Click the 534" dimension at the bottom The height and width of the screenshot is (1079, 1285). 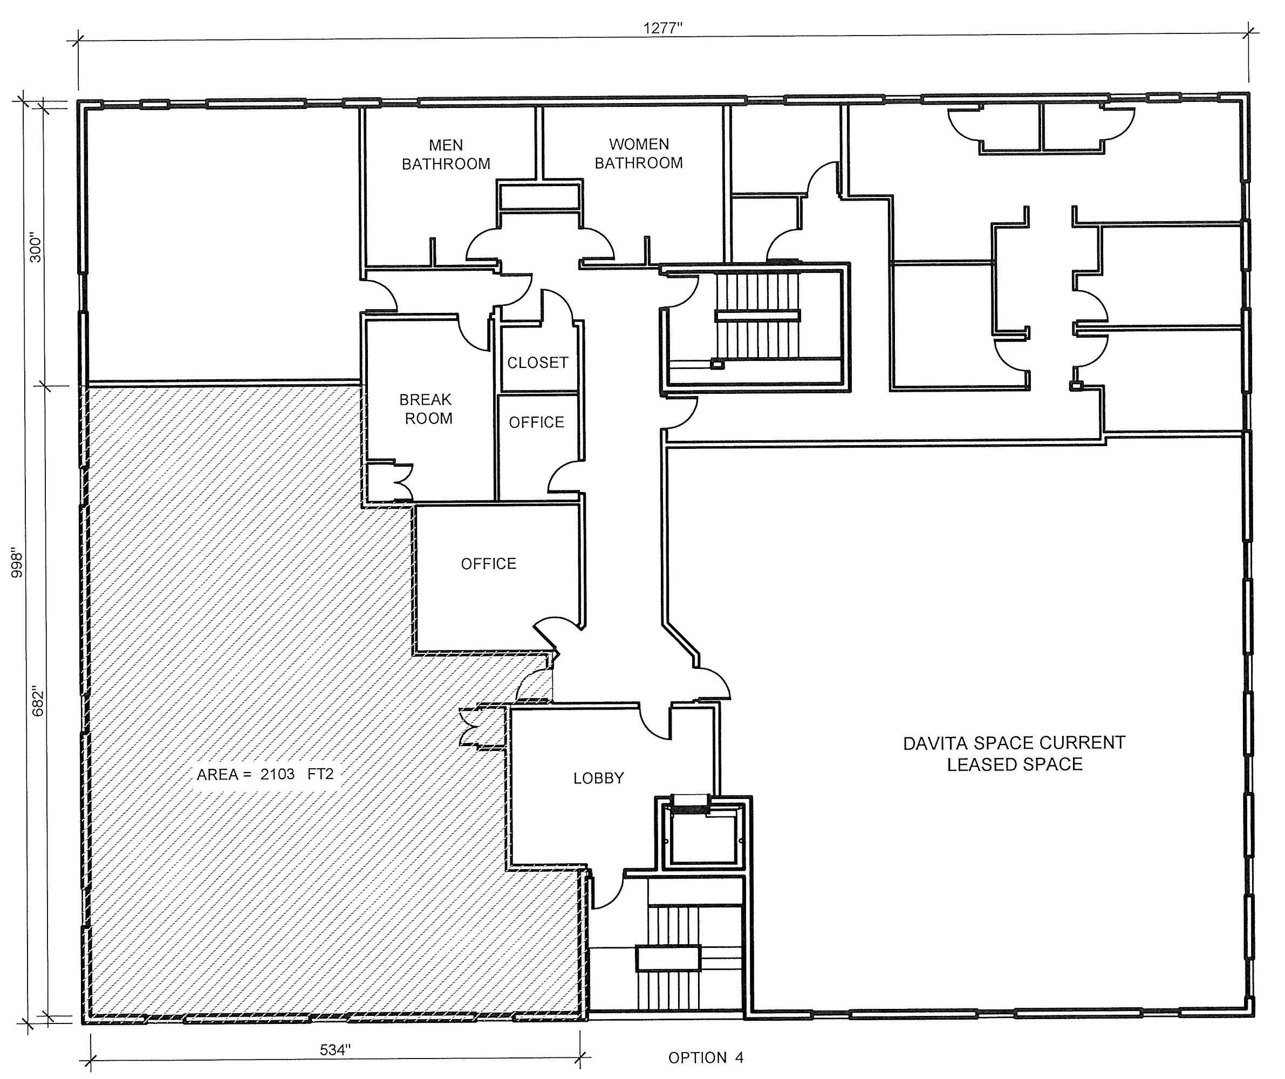coord(336,1050)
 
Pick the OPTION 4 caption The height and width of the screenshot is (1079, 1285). coord(706,1057)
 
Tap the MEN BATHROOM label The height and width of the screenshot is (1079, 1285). coord(446,155)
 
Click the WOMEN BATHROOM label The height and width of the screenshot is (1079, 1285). coord(639,154)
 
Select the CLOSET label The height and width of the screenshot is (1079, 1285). coord(538,363)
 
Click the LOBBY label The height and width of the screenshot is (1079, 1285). coord(598,778)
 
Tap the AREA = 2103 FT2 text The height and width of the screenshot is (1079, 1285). coord(265,774)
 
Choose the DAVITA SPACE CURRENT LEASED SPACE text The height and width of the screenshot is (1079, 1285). coord(1014,753)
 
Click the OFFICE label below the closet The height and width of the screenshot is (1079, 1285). coord(537,422)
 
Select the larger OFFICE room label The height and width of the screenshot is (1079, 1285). coord(488,564)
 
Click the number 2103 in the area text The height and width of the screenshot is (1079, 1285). coord(277,774)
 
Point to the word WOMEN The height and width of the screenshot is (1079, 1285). coord(639,145)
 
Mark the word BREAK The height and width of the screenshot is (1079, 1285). coord(425,400)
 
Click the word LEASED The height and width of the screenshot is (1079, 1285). coord(975,764)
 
